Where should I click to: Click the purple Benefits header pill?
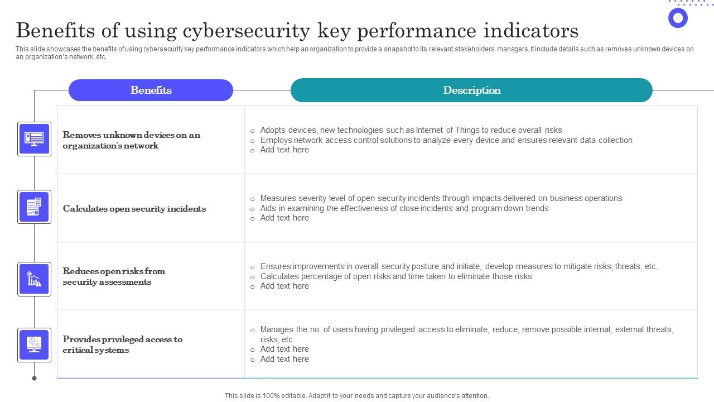click(151, 90)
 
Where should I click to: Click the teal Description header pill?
click(471, 90)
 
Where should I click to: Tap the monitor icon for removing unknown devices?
click(34, 139)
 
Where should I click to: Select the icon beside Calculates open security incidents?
click(34, 207)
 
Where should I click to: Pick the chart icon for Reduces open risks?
click(34, 279)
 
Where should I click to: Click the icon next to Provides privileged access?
click(34, 344)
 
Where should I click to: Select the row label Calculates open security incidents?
click(134, 209)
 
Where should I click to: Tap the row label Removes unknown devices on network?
click(131, 140)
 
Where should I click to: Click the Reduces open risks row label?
click(114, 276)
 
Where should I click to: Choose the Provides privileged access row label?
click(123, 344)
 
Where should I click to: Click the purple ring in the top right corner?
click(678, 18)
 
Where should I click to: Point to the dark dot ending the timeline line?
click(34, 378)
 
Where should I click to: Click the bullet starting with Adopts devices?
click(411, 130)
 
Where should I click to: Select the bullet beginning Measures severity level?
click(441, 198)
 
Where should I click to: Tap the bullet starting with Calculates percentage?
click(396, 276)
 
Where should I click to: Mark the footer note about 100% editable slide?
click(357, 396)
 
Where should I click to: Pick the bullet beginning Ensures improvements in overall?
click(459, 266)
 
